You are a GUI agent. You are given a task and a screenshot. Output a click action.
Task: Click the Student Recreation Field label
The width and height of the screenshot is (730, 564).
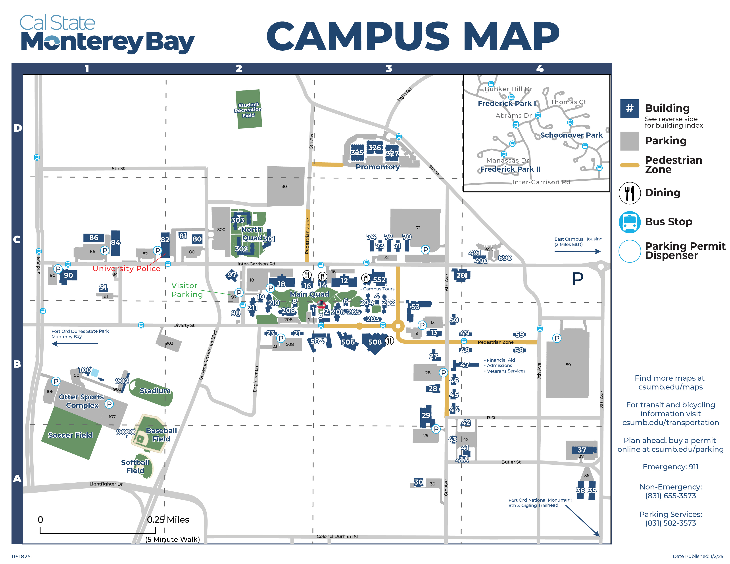pos(248,110)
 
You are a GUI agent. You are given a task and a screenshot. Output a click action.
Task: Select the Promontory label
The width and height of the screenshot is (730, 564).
pos(377,167)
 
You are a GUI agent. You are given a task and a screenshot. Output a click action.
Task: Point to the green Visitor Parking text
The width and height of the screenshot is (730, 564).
pos(187,290)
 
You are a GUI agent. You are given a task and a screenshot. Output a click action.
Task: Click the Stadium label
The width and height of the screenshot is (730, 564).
pos(155,391)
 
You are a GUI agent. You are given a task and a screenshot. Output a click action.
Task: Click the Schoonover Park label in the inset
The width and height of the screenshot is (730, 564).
pos(571,135)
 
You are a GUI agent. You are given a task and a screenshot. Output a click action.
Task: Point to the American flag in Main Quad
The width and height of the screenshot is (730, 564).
pos(321,304)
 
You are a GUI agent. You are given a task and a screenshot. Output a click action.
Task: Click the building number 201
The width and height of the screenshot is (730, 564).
pos(462,275)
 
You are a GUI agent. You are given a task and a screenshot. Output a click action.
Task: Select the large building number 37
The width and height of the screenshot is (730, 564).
pos(582,450)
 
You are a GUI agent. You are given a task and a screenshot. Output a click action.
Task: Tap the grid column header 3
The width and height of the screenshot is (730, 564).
pos(389,69)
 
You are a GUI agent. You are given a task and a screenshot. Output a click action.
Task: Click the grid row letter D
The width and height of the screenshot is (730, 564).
pos(18,128)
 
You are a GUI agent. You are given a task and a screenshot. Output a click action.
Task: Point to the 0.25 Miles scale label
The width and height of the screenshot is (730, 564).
pos(168,520)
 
